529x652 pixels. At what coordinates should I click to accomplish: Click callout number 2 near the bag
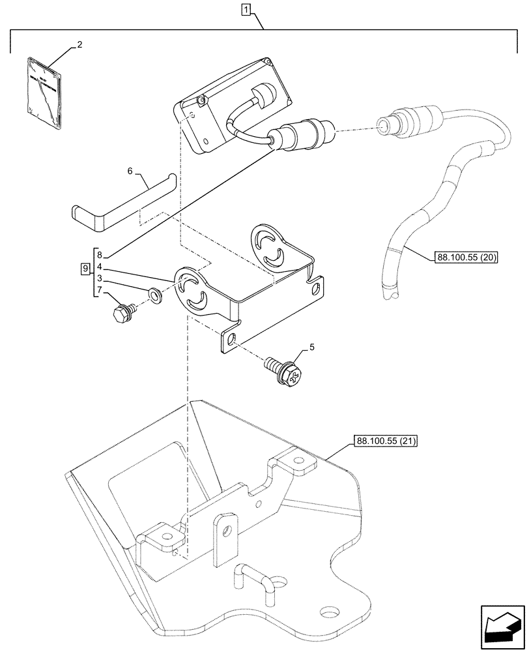[79, 45]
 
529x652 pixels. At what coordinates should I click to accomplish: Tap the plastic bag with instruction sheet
[44, 91]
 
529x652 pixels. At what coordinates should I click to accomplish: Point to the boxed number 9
[85, 269]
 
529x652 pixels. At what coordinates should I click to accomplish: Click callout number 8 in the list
[99, 254]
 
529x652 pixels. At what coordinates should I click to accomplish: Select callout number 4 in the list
[99, 266]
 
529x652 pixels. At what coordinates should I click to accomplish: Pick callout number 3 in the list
[99, 278]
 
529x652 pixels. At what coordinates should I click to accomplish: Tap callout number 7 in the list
[99, 289]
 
